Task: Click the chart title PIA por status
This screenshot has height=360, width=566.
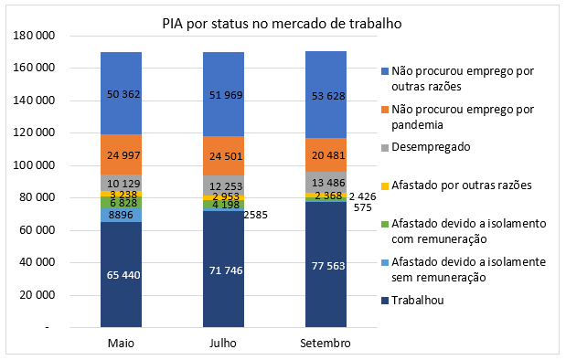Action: [283, 23]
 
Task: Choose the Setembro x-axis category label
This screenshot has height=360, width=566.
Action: [326, 342]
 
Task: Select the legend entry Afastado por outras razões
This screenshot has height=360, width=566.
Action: [454, 185]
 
